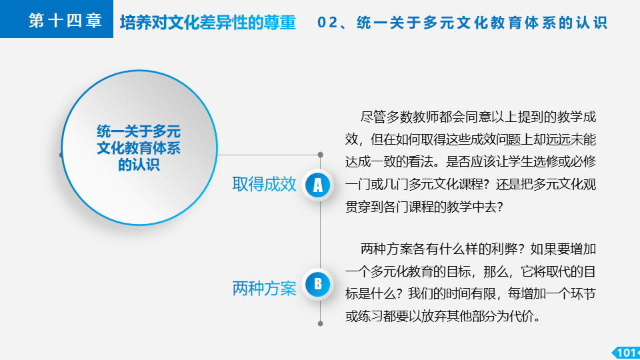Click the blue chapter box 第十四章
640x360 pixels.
click(56, 19)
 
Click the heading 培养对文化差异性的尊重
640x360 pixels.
click(208, 23)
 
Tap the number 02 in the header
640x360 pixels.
click(327, 23)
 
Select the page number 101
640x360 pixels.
click(626, 353)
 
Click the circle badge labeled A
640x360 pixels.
click(317, 185)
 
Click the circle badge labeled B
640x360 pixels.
click(317, 285)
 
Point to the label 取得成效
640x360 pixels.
click(264, 185)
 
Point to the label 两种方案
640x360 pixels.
click(264, 288)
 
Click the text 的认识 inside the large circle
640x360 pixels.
click(139, 165)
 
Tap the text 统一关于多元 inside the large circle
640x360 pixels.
click(139, 131)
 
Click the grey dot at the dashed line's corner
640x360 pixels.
click(321, 155)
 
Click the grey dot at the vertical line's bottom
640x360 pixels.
click(321, 324)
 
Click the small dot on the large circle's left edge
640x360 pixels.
click(61, 155)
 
